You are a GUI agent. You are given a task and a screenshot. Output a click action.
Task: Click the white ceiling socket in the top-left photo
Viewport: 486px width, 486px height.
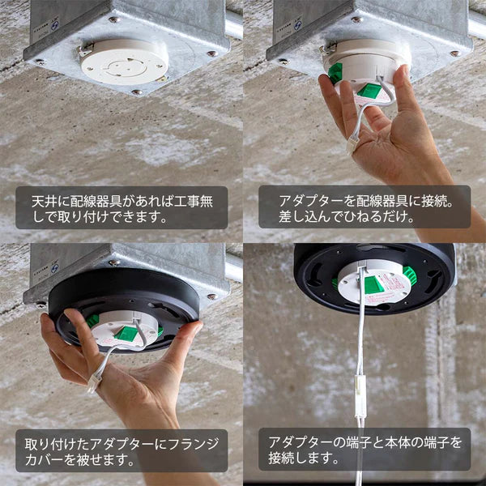124,59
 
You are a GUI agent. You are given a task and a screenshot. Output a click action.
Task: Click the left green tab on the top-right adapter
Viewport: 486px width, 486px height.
335,73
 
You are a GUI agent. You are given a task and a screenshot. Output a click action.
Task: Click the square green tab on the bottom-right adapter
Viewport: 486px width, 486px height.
373,284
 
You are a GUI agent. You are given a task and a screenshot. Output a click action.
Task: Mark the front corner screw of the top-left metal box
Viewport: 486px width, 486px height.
137,92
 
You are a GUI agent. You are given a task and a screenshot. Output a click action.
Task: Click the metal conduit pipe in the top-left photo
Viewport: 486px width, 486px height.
234,24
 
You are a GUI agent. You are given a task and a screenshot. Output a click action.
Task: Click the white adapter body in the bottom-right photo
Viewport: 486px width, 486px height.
373,288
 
